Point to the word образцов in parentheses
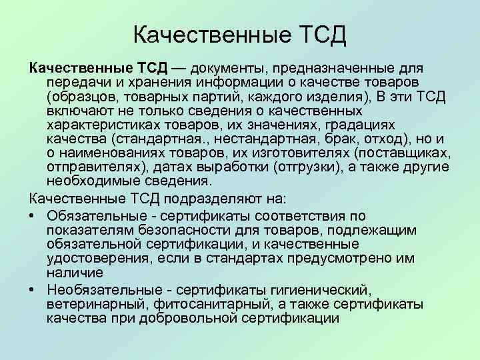coord(85,95)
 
